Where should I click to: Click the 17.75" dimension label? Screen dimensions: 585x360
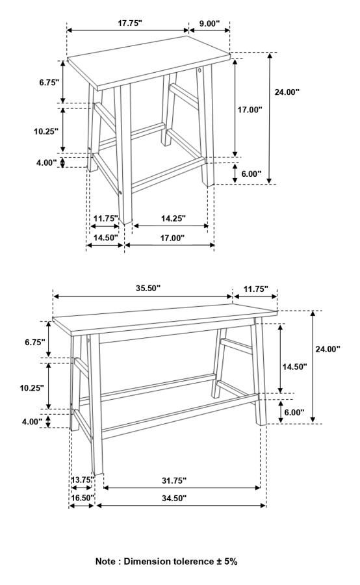[130, 23]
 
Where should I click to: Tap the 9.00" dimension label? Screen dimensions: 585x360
[209, 23]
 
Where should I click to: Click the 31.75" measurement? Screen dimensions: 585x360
[174, 480]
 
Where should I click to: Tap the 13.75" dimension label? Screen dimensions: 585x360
[83, 480]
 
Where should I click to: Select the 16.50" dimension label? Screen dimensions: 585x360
[82, 498]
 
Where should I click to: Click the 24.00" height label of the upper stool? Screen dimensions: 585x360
[287, 92]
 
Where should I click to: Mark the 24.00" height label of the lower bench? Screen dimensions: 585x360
[328, 349]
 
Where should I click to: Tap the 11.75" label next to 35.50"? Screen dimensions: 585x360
[255, 289]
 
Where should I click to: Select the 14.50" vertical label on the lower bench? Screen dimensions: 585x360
[294, 367]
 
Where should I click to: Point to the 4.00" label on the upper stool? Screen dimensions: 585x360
[47, 162]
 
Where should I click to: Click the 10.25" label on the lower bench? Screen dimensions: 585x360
[32, 387]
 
